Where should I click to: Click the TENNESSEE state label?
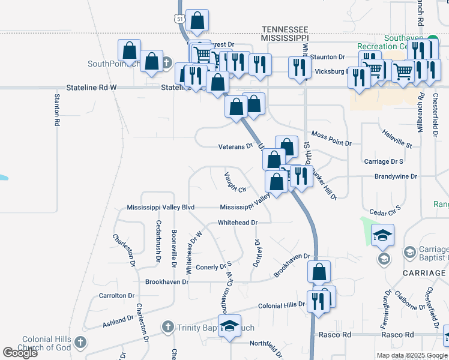coord(285,29)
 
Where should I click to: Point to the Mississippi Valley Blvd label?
coord(161,208)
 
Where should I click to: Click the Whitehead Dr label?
coord(237,222)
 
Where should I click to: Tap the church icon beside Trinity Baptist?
coord(169,328)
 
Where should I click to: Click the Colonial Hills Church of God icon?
coord(80,343)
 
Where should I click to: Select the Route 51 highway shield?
coord(179,19)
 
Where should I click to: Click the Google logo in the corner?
coord(20,353)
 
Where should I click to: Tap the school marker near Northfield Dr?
coord(229,326)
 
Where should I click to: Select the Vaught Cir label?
coord(235,182)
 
